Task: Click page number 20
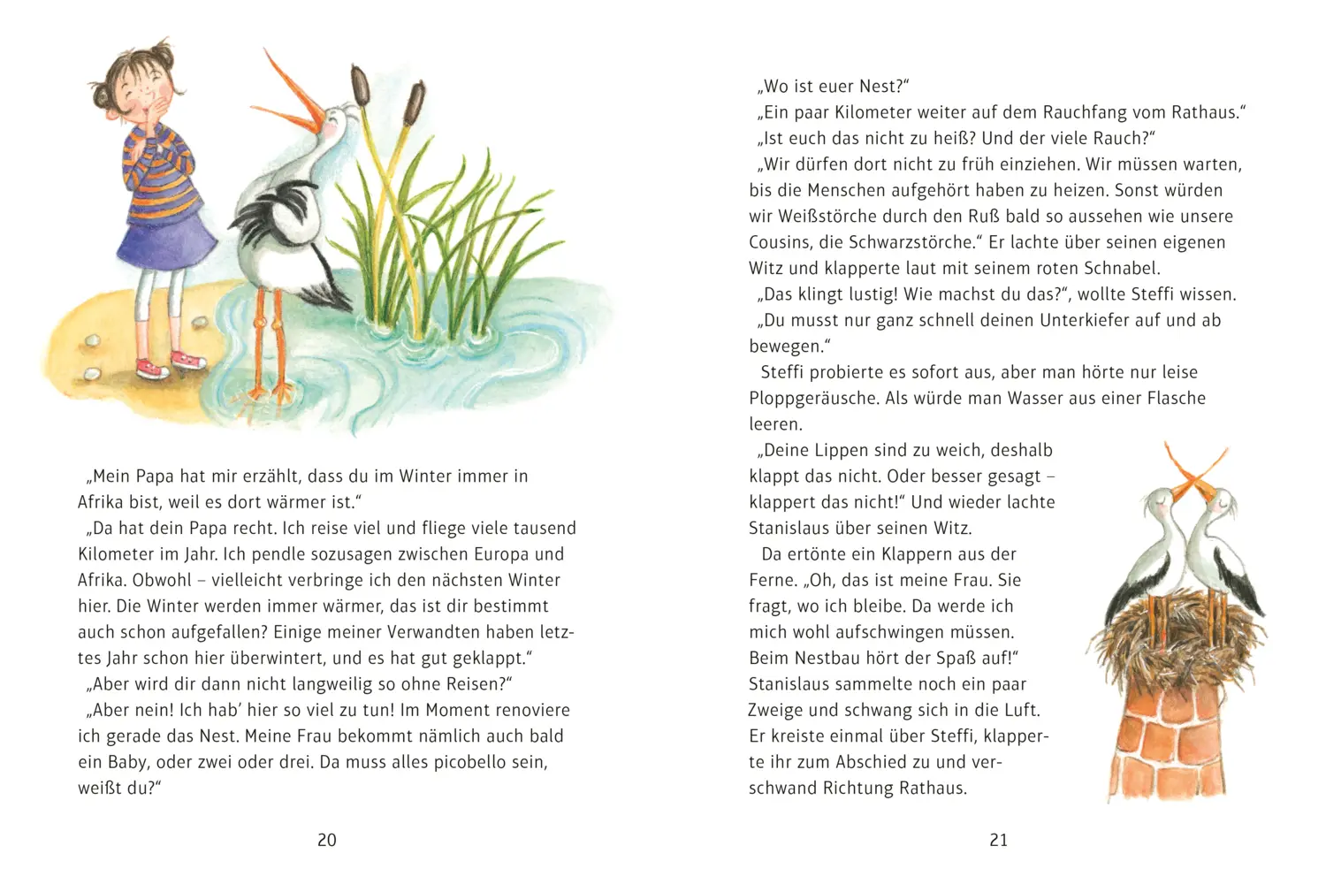tap(327, 841)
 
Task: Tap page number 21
tap(999, 841)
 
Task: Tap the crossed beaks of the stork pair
tap(1194, 477)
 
